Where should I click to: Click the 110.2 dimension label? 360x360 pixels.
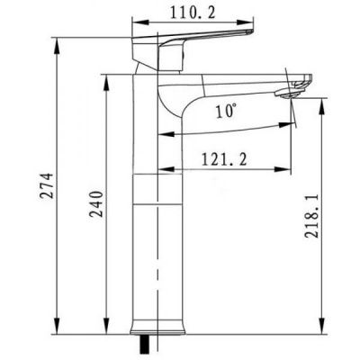click(x=193, y=13)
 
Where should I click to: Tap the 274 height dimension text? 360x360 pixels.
click(x=47, y=185)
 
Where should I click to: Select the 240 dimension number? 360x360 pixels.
click(x=96, y=204)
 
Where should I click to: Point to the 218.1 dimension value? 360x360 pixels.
click(x=311, y=216)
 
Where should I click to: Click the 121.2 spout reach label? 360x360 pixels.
click(x=224, y=159)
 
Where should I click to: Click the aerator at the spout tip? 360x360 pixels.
click(x=287, y=94)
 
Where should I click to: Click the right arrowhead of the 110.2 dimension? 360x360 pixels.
click(x=244, y=23)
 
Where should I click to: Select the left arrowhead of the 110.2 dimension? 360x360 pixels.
click(x=140, y=23)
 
